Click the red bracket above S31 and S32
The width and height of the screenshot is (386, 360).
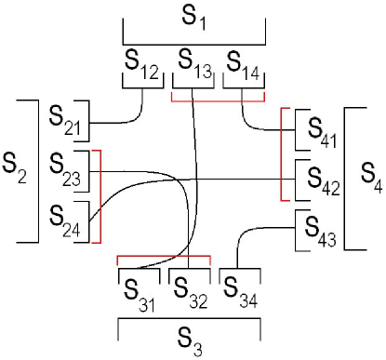point(164,256)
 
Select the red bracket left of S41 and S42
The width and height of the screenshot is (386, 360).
point(282,153)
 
